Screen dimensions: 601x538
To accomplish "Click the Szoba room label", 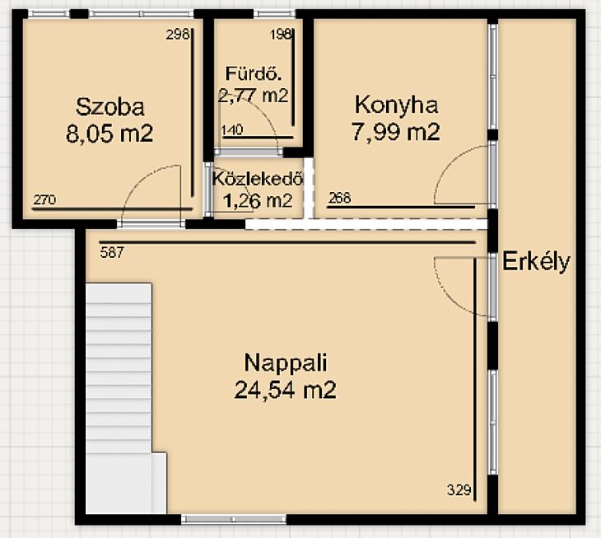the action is tap(110, 107).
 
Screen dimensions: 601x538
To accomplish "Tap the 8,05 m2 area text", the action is tap(109, 133).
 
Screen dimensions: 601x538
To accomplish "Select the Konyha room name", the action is tap(396, 105).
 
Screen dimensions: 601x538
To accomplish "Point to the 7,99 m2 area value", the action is tap(395, 132).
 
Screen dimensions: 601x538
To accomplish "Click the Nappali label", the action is tap(286, 363).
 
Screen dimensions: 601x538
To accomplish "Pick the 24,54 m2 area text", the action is tap(285, 390).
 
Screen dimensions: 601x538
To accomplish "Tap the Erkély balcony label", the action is tap(536, 262).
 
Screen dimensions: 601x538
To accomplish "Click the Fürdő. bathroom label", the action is tap(254, 73).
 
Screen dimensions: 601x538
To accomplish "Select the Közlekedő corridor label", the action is tap(258, 179).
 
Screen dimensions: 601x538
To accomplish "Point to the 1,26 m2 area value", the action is tap(258, 200).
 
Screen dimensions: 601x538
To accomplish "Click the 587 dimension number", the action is tap(112, 252).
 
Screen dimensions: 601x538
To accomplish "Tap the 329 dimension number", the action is tap(459, 490).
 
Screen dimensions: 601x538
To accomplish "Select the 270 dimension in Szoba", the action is tap(44, 199).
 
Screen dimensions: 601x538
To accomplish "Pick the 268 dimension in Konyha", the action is tap(339, 198).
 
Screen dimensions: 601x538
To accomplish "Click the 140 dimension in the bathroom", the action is tap(232, 130).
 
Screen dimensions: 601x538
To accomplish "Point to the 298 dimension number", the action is tap(178, 35).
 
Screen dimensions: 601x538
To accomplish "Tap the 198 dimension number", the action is tap(281, 35).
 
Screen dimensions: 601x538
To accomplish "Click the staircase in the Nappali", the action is tap(123, 399).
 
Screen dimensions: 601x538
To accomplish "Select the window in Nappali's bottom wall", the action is tap(234, 520).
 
